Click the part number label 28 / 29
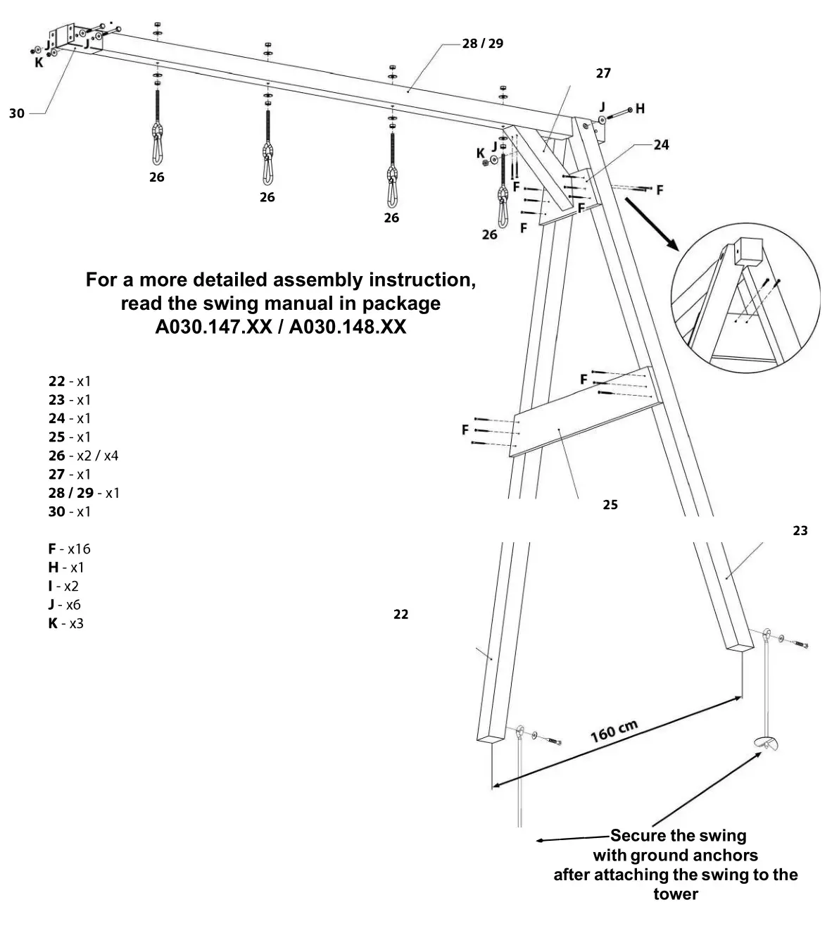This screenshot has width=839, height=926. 482,44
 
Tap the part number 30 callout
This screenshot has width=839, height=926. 17,113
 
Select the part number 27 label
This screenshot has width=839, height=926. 603,73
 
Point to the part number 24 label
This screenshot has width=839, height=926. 661,145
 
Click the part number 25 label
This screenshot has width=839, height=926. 610,505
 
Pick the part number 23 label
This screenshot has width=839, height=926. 800,531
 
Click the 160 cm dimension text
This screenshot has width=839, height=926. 614,732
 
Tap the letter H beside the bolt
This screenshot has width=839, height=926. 640,108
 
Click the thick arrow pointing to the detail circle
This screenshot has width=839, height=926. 650,223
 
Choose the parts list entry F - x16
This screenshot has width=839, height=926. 69,549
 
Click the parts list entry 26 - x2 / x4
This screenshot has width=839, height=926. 83,456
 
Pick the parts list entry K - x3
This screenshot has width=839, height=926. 65,623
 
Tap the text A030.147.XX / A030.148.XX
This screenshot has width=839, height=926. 280,328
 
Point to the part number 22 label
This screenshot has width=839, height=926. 400,615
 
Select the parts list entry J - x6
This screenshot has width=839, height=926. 64,605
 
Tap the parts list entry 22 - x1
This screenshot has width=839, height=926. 69,381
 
